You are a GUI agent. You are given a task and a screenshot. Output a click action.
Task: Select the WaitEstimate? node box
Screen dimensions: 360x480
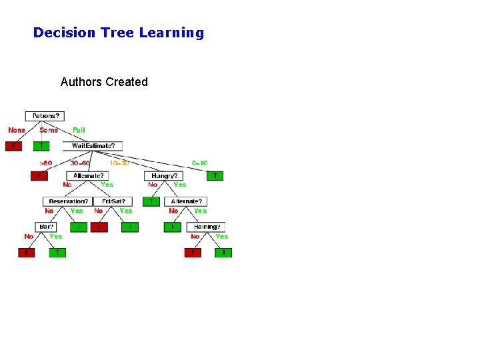[93, 146]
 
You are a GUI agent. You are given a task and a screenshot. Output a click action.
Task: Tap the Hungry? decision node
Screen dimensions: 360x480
[165, 176]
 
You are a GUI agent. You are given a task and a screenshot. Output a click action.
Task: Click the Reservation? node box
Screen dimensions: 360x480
[68, 201]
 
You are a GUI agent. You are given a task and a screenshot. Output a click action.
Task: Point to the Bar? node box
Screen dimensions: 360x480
[47, 227]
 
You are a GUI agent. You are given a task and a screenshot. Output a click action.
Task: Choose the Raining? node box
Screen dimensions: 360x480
[207, 227]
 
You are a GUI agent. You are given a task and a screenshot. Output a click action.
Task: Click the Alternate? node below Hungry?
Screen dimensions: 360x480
[187, 201]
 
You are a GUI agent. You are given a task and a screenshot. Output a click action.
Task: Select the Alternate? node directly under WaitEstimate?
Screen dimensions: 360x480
[89, 176]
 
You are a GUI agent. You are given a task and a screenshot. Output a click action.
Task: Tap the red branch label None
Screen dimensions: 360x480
[17, 130]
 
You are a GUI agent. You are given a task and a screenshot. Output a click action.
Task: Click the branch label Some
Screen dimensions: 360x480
[49, 130]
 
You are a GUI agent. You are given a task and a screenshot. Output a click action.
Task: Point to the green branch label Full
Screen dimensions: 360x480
[79, 130]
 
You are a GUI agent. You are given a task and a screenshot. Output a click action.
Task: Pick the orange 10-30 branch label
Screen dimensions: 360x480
[119, 163]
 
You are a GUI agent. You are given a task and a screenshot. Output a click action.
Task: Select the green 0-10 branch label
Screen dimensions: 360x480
[199, 163]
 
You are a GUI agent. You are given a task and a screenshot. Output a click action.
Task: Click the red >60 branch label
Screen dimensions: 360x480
[45, 163]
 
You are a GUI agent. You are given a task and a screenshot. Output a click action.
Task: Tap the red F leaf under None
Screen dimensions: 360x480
[13, 146]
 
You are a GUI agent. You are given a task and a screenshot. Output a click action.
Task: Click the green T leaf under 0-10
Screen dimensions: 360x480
[215, 176]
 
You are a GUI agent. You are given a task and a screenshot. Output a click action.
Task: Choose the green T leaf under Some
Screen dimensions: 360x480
[42, 146]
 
